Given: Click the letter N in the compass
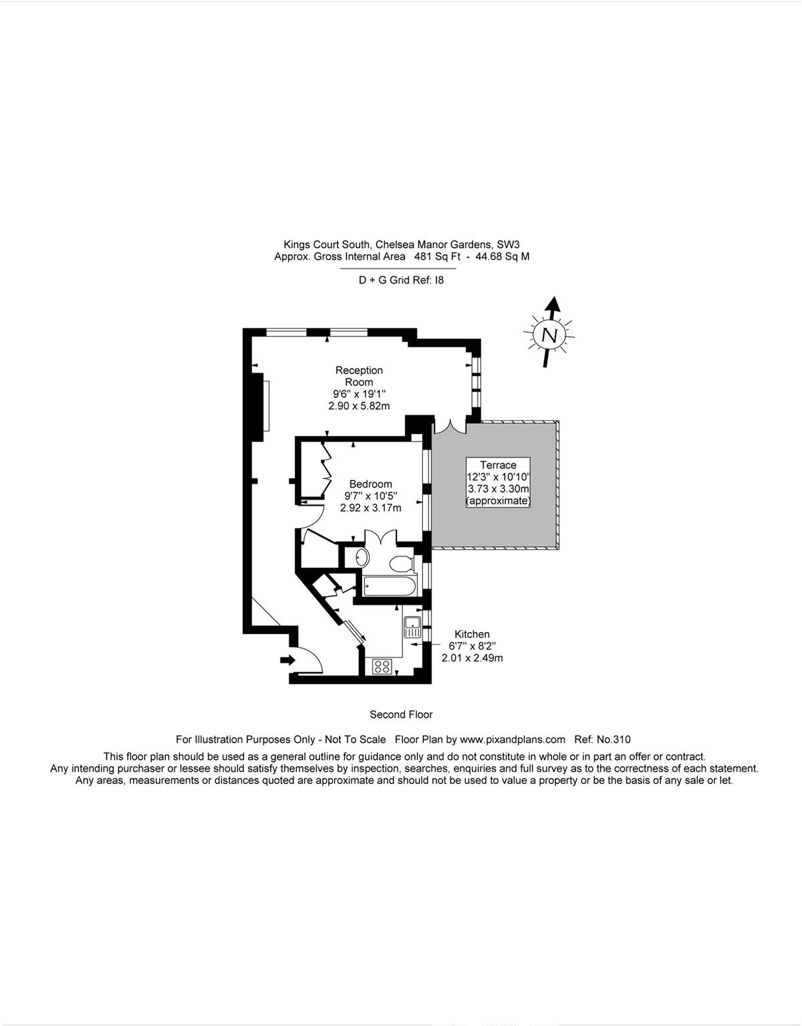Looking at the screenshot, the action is (549, 335).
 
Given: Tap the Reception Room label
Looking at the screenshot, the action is (359, 376).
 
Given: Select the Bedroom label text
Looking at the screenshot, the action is (371, 484).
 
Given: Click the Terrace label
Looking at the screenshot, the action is (498, 465).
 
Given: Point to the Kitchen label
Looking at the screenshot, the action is (472, 634).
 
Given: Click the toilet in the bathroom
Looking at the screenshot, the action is (402, 563).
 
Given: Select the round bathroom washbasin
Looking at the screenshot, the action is (362, 558).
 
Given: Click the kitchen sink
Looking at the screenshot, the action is (412, 627).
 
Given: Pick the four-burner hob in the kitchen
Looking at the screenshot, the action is (382, 667).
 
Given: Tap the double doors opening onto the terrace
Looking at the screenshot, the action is (450, 426).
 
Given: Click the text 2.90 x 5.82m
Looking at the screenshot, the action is (359, 405).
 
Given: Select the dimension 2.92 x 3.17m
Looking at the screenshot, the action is (371, 508).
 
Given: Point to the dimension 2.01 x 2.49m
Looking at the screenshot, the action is (472, 657).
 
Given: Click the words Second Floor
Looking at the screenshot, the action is (401, 714).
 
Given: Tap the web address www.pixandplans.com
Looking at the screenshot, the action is (513, 739).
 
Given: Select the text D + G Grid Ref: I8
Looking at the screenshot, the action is (401, 280).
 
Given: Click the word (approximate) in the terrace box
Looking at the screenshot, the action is (498, 501).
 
